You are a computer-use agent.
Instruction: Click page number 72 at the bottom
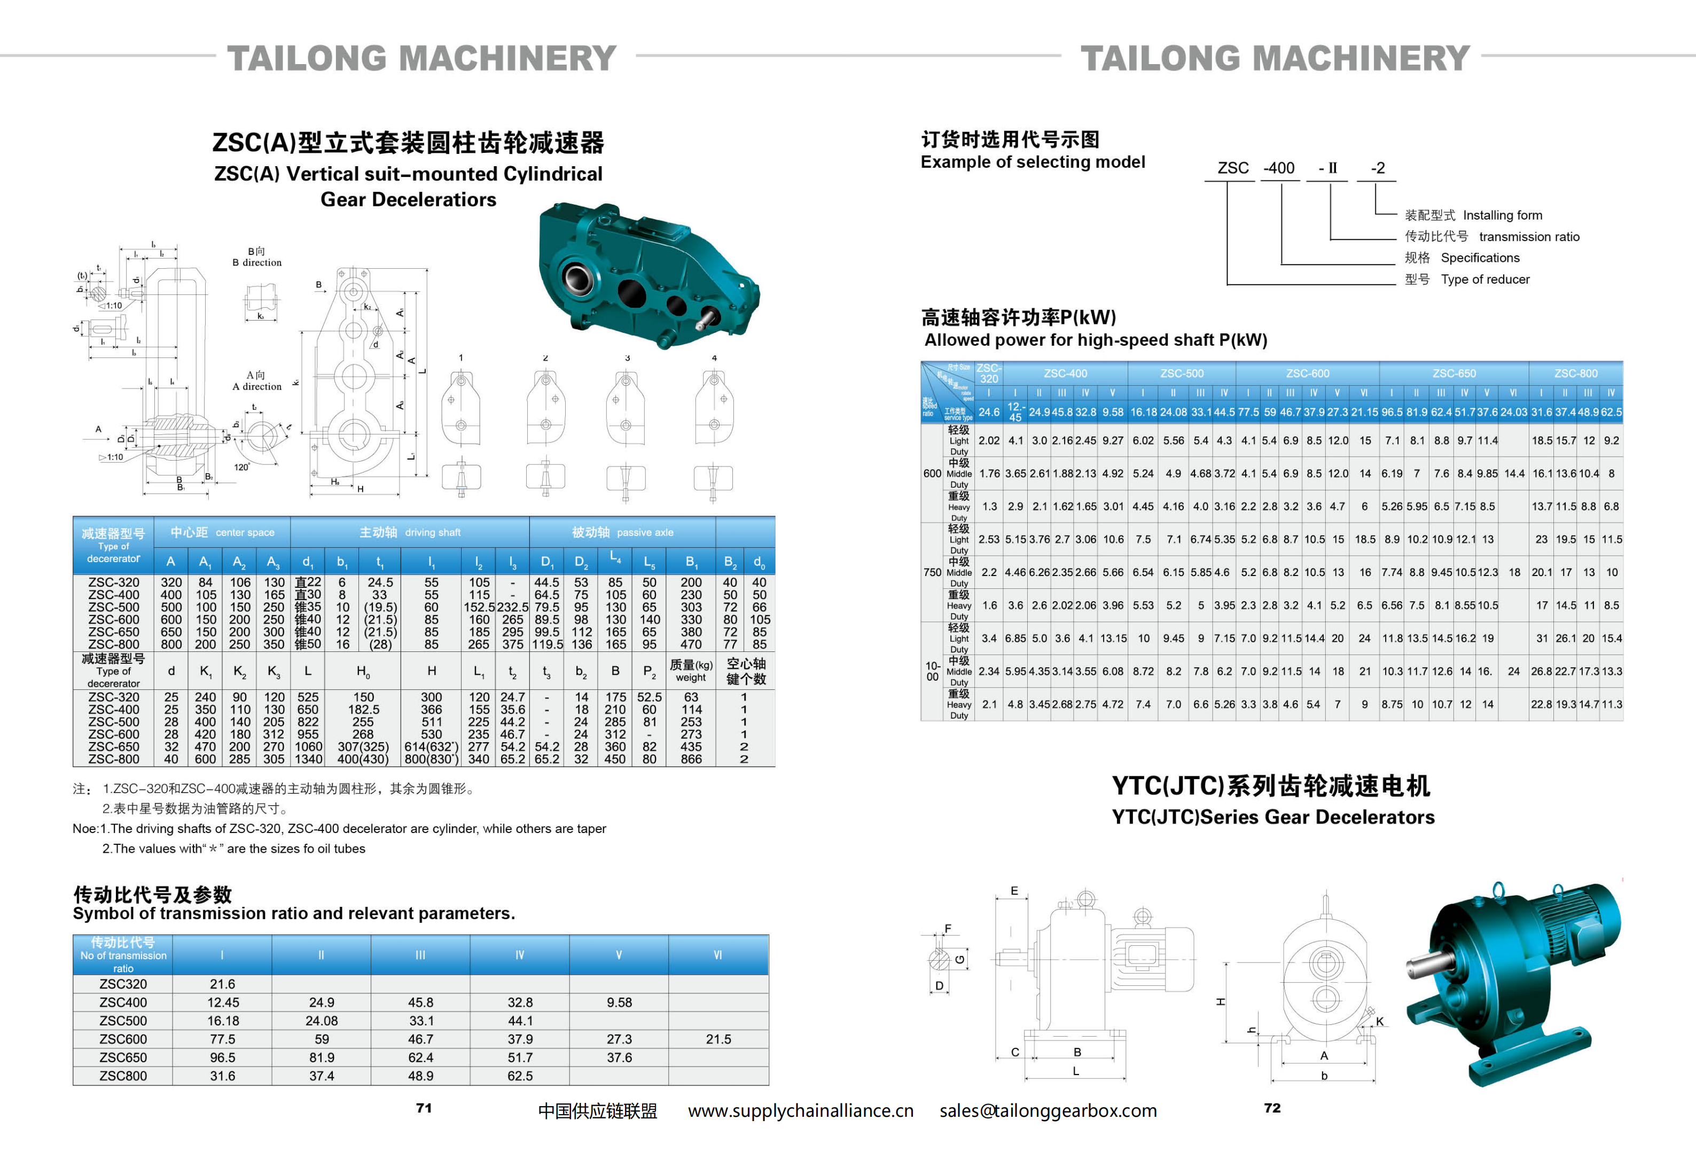pyautogui.click(x=1272, y=1107)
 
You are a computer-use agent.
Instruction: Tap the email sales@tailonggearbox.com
pyautogui.click(x=1048, y=1110)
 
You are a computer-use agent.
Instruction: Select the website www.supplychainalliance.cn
pyautogui.click(x=801, y=1110)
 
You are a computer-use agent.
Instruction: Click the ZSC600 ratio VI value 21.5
pyautogui.click(x=718, y=1039)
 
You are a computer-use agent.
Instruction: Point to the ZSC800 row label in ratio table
pyautogui.click(x=123, y=1076)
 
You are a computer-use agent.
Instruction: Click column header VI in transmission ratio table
pyautogui.click(x=718, y=955)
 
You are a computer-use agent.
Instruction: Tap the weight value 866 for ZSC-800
pyautogui.click(x=691, y=759)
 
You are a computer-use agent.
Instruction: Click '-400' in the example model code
pyautogui.click(x=1279, y=168)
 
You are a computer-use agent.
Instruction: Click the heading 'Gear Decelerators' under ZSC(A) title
pyautogui.click(x=408, y=199)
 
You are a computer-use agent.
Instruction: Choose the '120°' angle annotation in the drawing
pyautogui.click(x=241, y=467)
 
